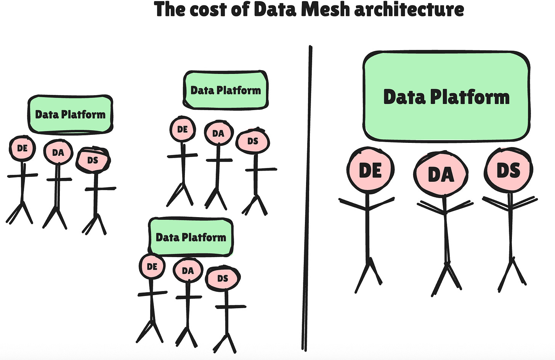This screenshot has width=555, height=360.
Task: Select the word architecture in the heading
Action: (409, 9)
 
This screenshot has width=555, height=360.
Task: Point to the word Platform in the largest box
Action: (470, 97)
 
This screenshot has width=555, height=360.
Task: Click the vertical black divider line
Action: (307, 198)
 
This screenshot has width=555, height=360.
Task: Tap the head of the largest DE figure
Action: (370, 170)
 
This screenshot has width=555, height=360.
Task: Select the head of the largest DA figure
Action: (441, 174)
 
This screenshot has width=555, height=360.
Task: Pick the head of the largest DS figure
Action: (508, 170)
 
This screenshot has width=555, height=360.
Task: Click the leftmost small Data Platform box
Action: (70, 114)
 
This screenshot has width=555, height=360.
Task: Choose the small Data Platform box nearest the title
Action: (226, 90)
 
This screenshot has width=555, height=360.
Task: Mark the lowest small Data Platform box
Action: (191, 237)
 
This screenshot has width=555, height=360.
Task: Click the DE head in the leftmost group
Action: (22, 148)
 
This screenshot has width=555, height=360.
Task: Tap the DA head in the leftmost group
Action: (58, 153)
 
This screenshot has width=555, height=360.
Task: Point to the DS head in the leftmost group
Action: (93, 160)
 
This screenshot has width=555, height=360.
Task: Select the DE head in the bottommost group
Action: (152, 267)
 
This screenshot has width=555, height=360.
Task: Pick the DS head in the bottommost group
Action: (223, 278)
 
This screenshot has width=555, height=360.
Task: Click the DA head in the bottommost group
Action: (188, 271)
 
